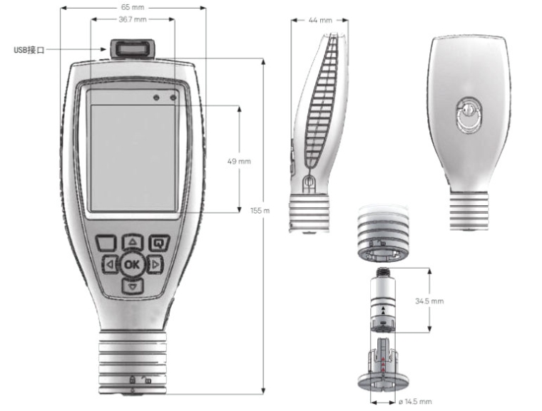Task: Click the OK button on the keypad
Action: coord(131,264)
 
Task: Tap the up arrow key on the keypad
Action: coord(133,242)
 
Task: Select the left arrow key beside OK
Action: coord(110,265)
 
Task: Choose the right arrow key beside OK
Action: coord(154,265)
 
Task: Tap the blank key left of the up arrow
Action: coord(106,242)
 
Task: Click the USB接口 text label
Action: coord(29,50)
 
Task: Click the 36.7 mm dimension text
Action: coord(131,19)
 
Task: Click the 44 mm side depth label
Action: coord(322,20)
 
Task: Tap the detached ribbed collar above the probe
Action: coord(384,235)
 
